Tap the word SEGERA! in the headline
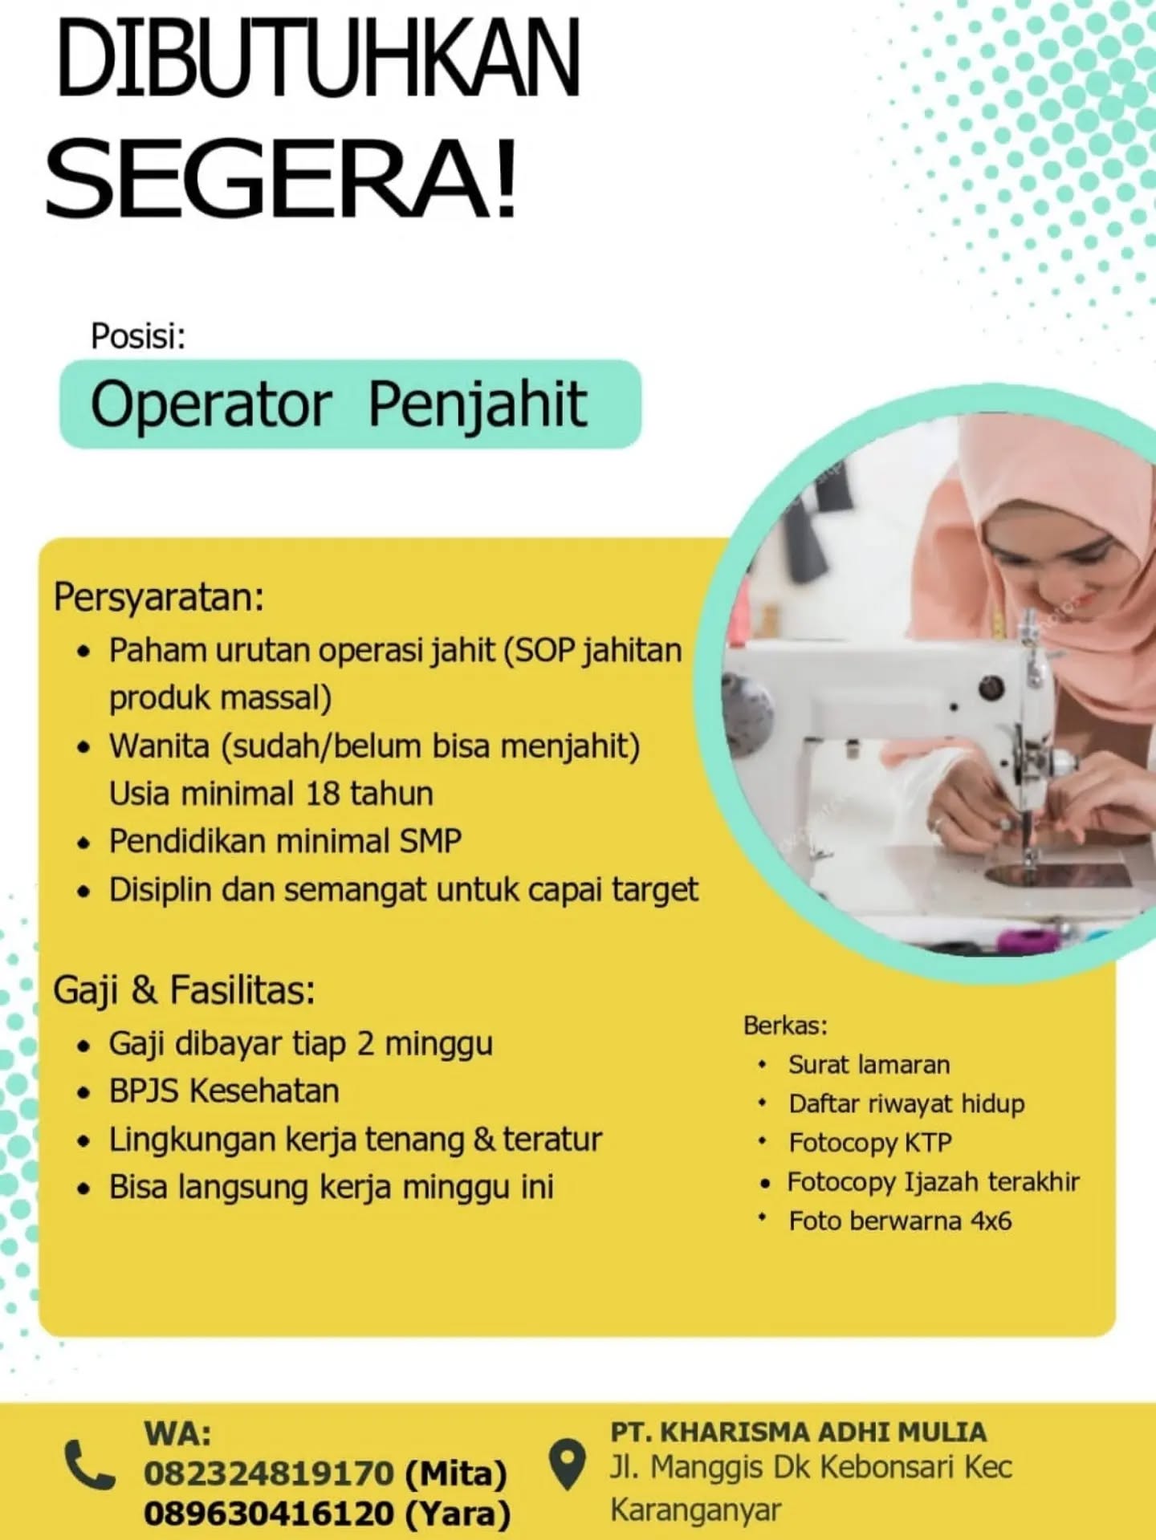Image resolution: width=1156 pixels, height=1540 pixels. [x=281, y=177]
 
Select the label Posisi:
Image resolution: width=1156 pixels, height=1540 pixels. [x=138, y=336]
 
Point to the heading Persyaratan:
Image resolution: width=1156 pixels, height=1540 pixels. [x=159, y=597]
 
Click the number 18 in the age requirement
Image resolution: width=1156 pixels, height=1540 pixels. [x=323, y=794]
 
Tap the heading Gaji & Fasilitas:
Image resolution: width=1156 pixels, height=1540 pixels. [x=185, y=990]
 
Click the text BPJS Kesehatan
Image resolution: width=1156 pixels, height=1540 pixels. [x=224, y=1091]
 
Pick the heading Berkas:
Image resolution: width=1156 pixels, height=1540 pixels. [x=785, y=1025]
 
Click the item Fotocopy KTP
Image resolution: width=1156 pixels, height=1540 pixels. [x=870, y=1143]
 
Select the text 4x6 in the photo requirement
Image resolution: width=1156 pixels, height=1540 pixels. [x=991, y=1221]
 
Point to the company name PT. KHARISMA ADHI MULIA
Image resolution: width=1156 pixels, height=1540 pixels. [x=798, y=1432]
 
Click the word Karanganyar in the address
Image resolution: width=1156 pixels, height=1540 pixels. [x=695, y=1510]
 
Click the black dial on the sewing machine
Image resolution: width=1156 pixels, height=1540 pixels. [x=991, y=687]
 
